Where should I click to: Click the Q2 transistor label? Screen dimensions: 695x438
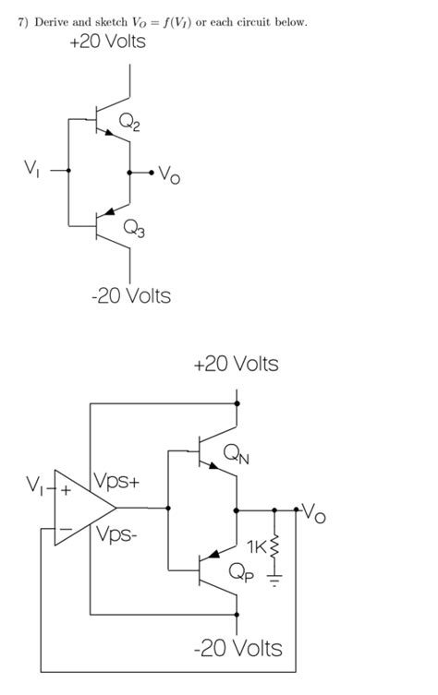pos(129,122)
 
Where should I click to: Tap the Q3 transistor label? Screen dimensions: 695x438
pos(133,231)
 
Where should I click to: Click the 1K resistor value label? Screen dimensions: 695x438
pos(256,546)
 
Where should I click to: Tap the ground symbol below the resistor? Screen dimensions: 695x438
pos(274,581)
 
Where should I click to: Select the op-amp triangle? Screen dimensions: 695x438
pos(81,507)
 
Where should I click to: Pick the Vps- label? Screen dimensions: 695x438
pos(114,533)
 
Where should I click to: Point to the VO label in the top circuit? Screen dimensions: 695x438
pos(168,174)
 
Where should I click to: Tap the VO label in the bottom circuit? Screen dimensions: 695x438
pos(314,513)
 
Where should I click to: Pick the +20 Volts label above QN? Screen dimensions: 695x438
pos(236,365)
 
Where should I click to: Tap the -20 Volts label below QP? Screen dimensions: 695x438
pos(239,648)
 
